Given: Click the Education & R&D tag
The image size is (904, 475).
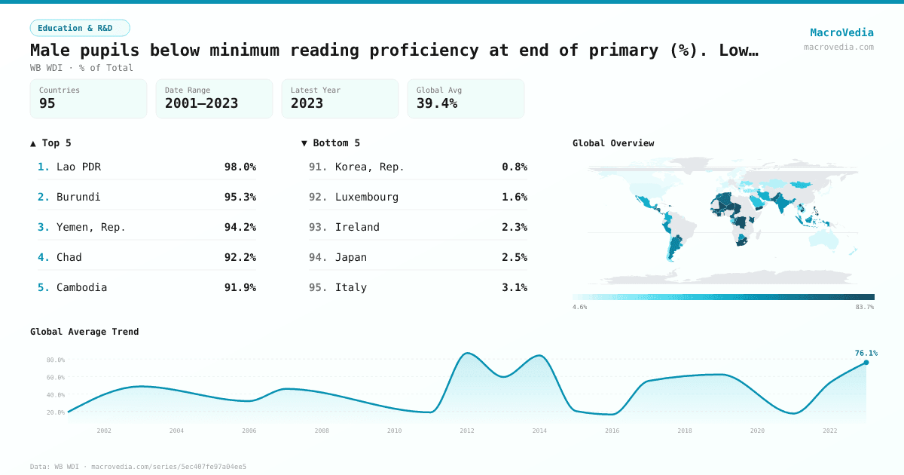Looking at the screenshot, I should [80, 28].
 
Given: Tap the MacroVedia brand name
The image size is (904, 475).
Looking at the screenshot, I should [841, 32].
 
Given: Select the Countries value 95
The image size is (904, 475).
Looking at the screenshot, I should [47, 103].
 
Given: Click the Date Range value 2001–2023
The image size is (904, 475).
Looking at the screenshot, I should [201, 103].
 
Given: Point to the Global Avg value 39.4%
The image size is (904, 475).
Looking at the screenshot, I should [437, 103].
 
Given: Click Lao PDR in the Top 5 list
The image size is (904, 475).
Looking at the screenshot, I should [78, 167].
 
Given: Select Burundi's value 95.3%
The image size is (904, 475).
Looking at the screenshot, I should [240, 197].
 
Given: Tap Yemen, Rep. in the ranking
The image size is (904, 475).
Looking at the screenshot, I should [91, 227].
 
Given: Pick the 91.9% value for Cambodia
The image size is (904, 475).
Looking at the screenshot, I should [240, 287].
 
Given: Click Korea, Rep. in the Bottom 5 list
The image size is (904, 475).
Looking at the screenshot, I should [370, 167].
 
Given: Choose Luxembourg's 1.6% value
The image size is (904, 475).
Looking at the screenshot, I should [515, 197].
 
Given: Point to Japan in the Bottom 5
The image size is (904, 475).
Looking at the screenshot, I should [351, 257].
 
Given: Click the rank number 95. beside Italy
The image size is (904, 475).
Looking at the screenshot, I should [318, 287].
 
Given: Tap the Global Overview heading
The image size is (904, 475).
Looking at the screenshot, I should [613, 143].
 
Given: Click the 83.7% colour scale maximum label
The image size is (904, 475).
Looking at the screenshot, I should [865, 307].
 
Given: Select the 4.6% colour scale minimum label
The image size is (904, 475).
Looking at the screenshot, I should [580, 307].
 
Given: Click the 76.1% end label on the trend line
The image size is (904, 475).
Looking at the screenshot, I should [866, 353].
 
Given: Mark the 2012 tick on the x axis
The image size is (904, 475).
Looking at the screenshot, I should [467, 431].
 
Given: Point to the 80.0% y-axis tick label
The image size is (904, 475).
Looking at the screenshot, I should [56, 360].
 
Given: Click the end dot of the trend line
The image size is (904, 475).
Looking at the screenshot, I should [866, 363].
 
